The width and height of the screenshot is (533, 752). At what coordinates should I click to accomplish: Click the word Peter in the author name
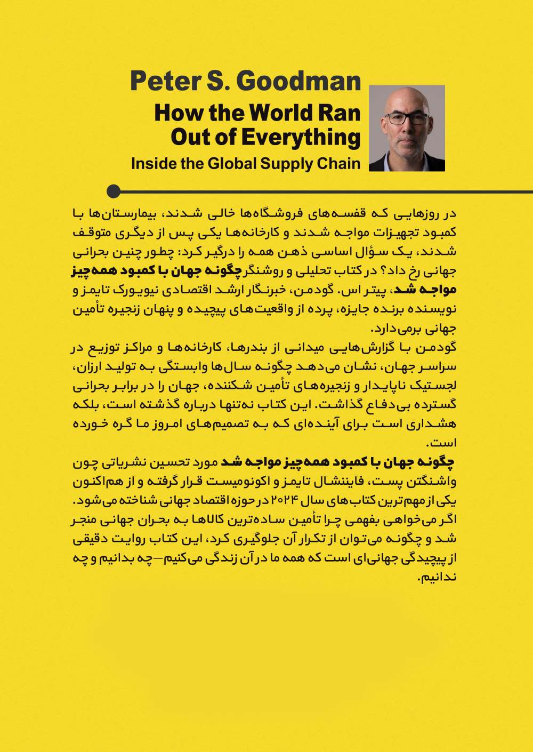158,81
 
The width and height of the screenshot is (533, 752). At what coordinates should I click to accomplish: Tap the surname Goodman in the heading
299,81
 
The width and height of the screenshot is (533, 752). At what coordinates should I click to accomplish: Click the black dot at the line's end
114,191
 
